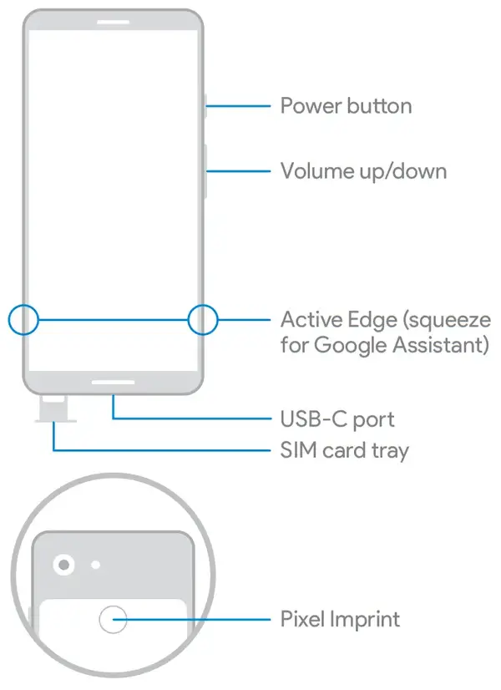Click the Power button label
(346, 106)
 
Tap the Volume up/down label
(363, 171)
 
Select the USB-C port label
(337, 419)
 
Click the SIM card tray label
(344, 450)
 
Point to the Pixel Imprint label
(340, 620)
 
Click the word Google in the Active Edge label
(351, 345)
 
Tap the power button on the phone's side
(205, 106)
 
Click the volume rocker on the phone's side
(205, 171)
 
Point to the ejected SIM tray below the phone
(54, 408)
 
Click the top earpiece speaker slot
(113, 22)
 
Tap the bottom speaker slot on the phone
(113, 383)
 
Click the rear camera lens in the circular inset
(63, 564)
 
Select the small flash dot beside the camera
(95, 565)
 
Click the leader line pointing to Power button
(238, 106)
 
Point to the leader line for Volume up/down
(238, 171)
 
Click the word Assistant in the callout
(441, 345)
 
